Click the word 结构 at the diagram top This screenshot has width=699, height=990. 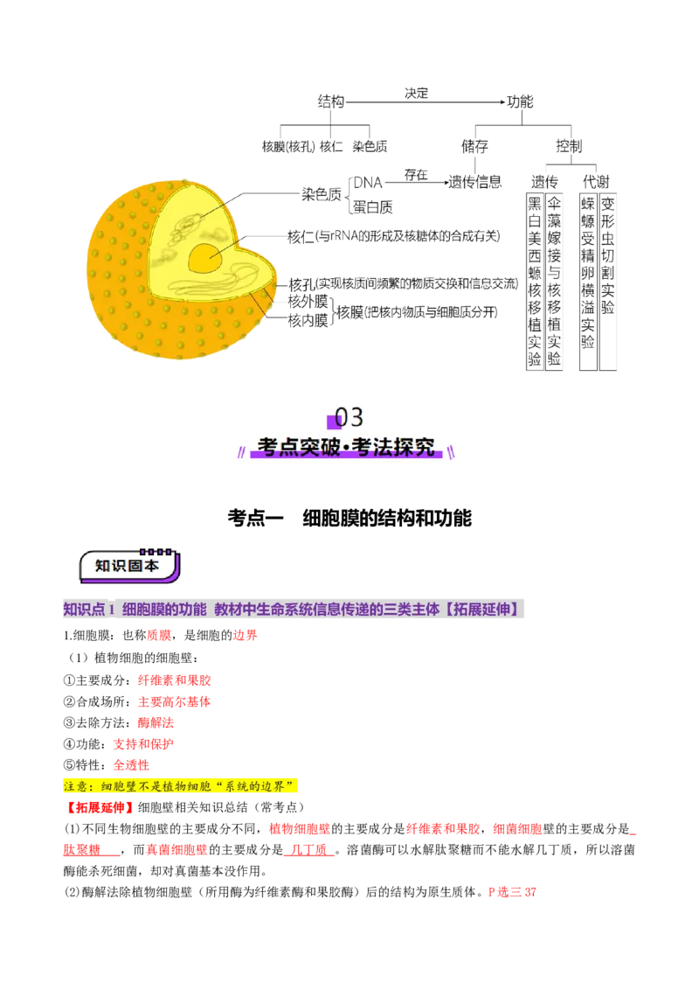331,101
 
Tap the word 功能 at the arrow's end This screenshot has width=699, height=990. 520,101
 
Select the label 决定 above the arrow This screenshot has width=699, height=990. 417,94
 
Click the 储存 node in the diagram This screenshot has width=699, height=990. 474,146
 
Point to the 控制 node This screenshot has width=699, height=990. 569,146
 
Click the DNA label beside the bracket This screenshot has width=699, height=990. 368,183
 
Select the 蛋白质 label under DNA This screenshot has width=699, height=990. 373,207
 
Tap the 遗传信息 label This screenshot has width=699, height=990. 475,183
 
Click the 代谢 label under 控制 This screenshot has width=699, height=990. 596,182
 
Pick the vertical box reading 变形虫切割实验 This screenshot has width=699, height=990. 607,282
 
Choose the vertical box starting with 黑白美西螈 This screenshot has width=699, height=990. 535,282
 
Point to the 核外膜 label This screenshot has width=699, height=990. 308,301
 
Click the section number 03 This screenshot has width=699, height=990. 349,417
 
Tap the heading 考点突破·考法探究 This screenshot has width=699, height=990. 346,447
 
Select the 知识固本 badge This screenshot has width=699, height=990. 129,566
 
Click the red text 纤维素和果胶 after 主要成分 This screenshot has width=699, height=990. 175,680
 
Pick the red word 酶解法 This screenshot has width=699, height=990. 156,722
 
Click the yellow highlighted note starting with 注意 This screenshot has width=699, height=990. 180,786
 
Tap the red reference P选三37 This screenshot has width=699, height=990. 512,892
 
